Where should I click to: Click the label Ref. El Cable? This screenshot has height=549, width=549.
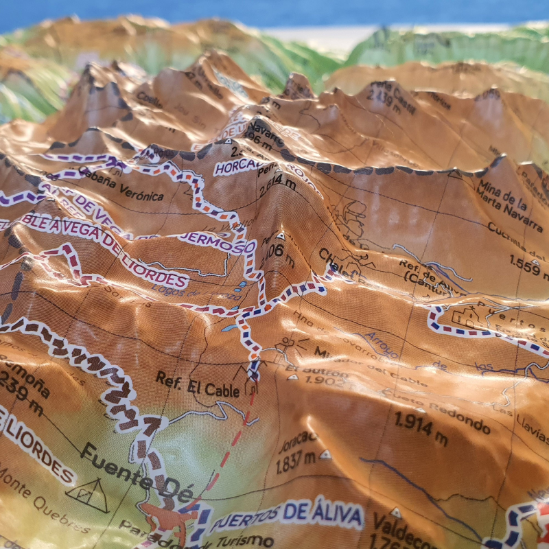click(198, 384)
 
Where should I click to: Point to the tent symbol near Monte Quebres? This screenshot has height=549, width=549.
click(88, 495)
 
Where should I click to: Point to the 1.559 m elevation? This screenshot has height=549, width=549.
click(530, 265)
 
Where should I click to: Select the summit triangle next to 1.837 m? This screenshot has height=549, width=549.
click(325, 454)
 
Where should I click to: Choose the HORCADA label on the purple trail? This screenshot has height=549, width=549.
click(237, 167)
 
